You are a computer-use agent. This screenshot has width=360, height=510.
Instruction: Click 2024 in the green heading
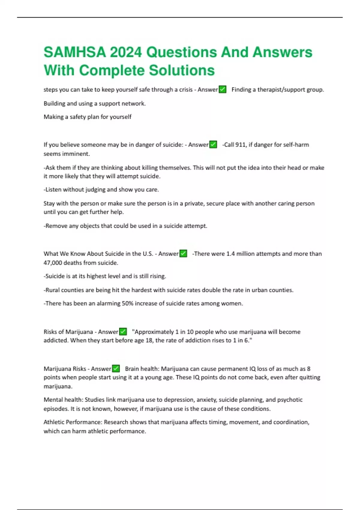click(126, 52)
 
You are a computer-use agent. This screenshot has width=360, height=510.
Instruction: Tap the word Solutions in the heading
click(182, 70)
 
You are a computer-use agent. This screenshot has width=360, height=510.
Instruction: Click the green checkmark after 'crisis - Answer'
click(223, 89)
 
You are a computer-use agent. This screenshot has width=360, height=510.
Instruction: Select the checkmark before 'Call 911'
click(213, 145)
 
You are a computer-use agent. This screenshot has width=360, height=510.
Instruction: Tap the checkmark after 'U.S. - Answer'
click(183, 254)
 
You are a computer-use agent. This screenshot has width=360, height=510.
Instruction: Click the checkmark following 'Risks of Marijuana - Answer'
click(123, 332)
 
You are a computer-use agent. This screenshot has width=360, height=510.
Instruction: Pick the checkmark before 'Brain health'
click(116, 369)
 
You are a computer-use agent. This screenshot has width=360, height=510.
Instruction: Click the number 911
click(240, 145)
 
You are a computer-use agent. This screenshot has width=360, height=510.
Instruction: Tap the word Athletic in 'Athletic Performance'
click(54, 422)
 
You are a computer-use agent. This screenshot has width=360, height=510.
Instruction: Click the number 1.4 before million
click(230, 254)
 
